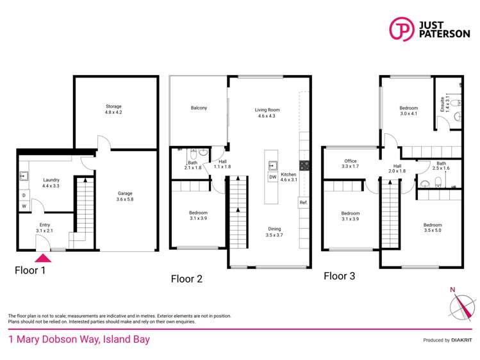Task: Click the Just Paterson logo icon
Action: pyautogui.click(x=401, y=30)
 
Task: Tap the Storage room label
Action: pyautogui.click(x=114, y=110)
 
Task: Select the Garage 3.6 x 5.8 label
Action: pyautogui.click(x=124, y=197)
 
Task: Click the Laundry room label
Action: pyautogui.click(x=51, y=183)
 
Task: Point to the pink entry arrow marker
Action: pyautogui.click(x=43, y=258)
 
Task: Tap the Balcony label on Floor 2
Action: pyautogui.click(x=199, y=108)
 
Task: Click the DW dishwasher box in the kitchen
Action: pyautogui.click(x=272, y=177)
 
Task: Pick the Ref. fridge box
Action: pyautogui.click(x=303, y=203)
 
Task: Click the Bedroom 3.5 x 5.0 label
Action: pyautogui.click(x=432, y=228)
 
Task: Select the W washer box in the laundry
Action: pyautogui.click(x=24, y=206)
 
